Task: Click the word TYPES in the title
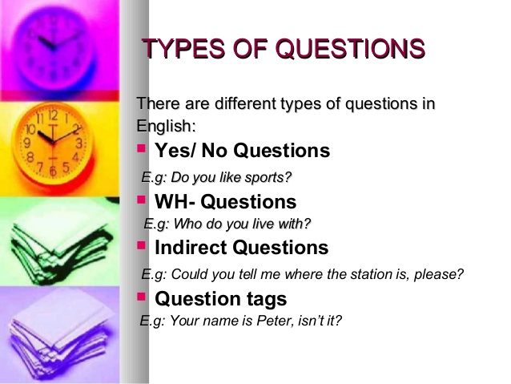coord(177,49)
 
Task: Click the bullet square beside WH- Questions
coord(142,198)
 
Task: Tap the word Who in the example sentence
coord(200,224)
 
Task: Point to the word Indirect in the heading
coord(190,248)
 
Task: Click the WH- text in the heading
coord(175,201)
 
